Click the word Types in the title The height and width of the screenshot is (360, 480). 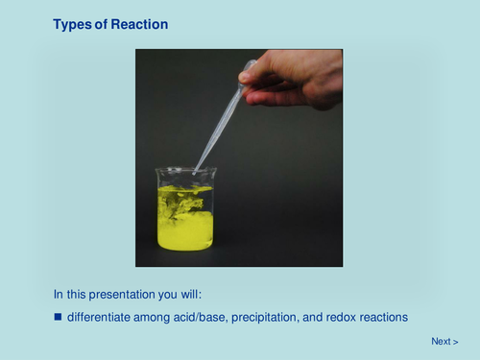73,24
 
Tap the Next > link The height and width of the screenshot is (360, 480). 444,341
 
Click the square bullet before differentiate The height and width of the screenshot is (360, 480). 58,316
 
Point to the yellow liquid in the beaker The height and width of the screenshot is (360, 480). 185,230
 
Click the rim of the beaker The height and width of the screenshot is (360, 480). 185,170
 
